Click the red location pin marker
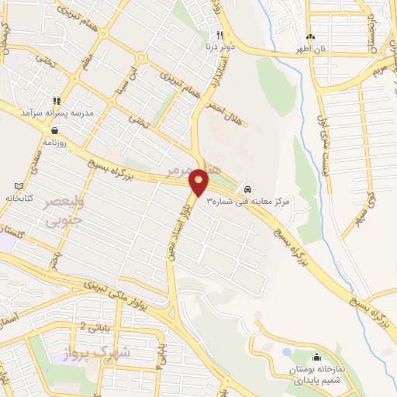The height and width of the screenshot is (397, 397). click(x=199, y=182)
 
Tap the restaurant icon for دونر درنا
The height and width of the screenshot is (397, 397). click(x=220, y=35)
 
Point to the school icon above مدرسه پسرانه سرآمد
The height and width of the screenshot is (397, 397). click(x=56, y=101)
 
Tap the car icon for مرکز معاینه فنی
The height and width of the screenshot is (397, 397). click(x=247, y=189)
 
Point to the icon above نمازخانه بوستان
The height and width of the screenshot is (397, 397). click(x=316, y=357)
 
